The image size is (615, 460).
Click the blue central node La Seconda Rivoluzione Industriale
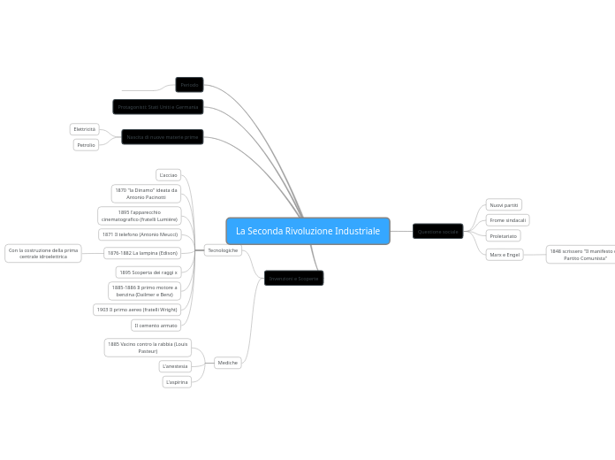(307, 231)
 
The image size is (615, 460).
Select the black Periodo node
(189, 85)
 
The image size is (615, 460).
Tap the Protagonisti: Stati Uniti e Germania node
(158, 107)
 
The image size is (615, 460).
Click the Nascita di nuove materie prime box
(163, 137)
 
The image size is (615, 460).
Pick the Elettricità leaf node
(85, 129)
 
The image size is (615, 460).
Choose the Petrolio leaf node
(86, 145)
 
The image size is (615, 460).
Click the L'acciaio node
(168, 175)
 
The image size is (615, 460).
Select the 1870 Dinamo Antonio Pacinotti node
(146, 194)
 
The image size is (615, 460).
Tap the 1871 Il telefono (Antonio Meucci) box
(140, 234)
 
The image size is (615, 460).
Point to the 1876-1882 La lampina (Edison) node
(142, 253)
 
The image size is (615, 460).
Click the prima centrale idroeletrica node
(43, 254)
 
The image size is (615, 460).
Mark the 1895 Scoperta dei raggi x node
(148, 272)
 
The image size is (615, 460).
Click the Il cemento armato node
(156, 326)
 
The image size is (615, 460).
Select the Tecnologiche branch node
(223, 250)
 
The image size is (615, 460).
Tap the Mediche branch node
(228, 363)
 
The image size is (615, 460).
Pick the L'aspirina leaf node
(177, 382)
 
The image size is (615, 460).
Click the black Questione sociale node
(438, 232)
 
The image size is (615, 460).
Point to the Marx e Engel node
(505, 254)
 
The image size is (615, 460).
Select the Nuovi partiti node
(504, 205)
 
